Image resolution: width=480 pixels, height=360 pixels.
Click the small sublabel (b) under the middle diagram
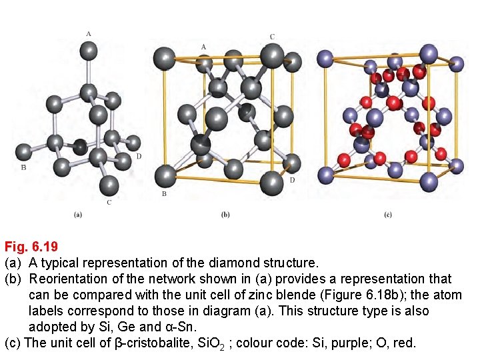[x=225, y=215]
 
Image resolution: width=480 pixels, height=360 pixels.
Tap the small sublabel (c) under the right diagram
[x=388, y=215]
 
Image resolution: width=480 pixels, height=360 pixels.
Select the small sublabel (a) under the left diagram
[x=78, y=215]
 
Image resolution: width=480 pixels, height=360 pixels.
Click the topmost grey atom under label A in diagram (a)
[x=88, y=49]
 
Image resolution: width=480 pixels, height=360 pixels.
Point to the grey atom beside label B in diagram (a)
[x=25, y=152]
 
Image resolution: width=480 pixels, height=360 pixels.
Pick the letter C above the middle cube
[x=272, y=37]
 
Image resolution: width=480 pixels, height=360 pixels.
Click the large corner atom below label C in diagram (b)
[x=272, y=56]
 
